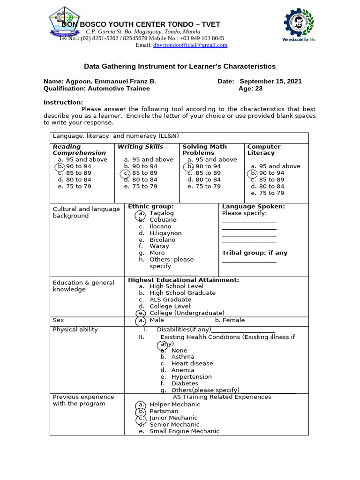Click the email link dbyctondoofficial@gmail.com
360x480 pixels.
[x=190, y=45]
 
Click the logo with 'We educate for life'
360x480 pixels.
[x=299, y=26]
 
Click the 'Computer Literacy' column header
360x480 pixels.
[x=264, y=150]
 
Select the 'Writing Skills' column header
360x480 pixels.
[x=141, y=147]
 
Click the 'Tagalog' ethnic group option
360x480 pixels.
[x=161, y=213]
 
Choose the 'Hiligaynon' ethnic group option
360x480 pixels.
[x=165, y=233]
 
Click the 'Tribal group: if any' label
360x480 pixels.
[x=255, y=253]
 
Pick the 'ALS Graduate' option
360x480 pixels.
[x=170, y=300]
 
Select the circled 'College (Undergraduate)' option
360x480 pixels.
[x=187, y=313]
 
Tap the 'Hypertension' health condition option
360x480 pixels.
[x=191, y=377]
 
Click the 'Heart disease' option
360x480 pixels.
[x=192, y=364]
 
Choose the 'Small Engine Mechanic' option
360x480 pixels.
[x=184, y=431]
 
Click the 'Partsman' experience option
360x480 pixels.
[x=164, y=411]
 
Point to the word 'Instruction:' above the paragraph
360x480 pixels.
[x=63, y=103]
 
